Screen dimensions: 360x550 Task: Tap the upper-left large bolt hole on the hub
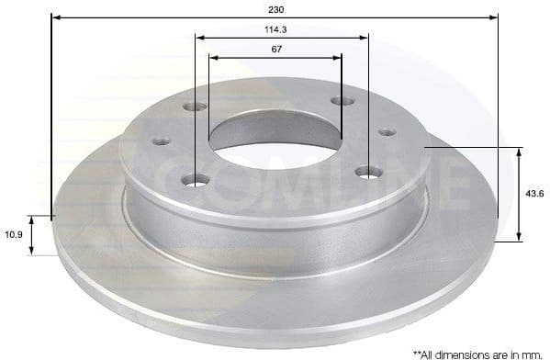195,107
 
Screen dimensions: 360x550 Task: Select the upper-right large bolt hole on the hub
342,100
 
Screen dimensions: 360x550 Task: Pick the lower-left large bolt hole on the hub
195,179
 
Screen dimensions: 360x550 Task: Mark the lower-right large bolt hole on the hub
368,171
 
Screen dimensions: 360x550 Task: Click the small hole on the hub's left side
162,141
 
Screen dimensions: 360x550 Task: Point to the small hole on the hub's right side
387,132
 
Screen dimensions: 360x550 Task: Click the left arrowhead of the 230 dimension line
54,17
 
